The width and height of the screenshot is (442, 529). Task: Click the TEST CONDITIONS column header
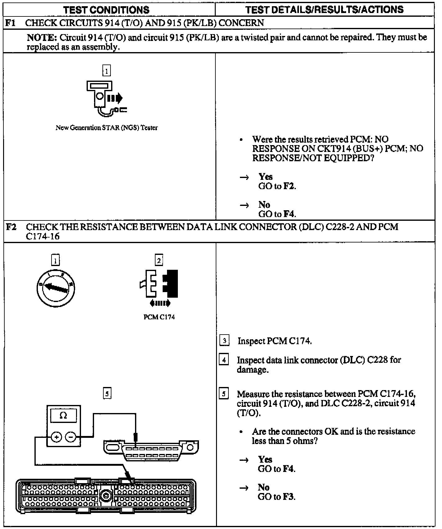pyautogui.click(x=106, y=10)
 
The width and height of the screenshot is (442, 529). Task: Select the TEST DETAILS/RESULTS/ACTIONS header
pyautogui.click(x=324, y=10)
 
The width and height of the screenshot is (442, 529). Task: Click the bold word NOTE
pyautogui.click(x=41, y=38)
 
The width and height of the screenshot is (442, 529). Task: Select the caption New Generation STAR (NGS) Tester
pyautogui.click(x=106, y=128)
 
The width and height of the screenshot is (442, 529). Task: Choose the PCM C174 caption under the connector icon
pyautogui.click(x=159, y=317)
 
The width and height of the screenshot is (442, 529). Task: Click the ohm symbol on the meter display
pyautogui.click(x=63, y=415)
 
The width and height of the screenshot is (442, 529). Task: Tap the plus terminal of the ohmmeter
pyautogui.click(x=56, y=437)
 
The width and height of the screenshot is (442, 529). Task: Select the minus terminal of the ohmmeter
pyautogui.click(x=71, y=437)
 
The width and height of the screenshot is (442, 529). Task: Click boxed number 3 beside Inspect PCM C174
pyautogui.click(x=224, y=341)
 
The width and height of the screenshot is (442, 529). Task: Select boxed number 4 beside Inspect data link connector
pyautogui.click(x=224, y=360)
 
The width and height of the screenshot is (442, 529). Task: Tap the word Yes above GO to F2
pyautogui.click(x=265, y=177)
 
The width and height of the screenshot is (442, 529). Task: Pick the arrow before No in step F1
pyautogui.click(x=244, y=205)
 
